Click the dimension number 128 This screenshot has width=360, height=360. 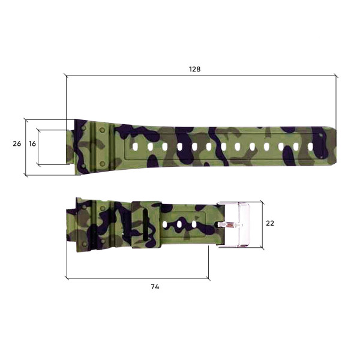(x=194, y=69)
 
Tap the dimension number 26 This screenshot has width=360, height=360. (x=17, y=144)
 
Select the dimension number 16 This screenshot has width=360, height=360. (x=32, y=144)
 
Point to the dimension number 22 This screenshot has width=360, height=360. (x=270, y=223)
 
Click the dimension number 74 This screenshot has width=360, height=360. (x=155, y=287)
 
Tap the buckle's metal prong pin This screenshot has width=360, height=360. (x=229, y=224)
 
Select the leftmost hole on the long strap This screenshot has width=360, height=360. (x=136, y=146)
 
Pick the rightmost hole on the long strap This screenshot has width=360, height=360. (x=310, y=146)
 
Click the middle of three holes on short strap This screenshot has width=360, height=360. (x=179, y=224)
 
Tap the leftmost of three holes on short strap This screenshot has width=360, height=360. (x=165, y=224)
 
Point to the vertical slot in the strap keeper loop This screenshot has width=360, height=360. (x=143, y=224)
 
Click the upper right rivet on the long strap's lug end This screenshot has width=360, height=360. (x=102, y=130)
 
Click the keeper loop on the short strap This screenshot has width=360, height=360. (x=146, y=224)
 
